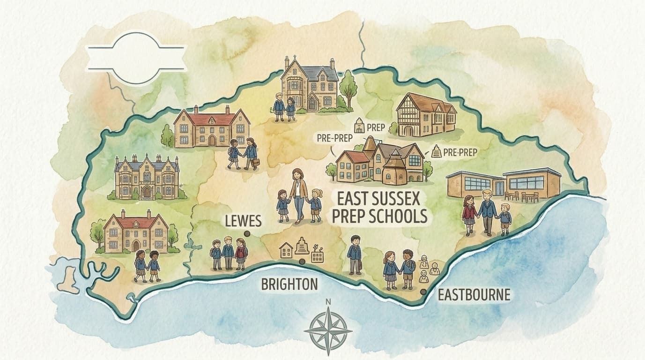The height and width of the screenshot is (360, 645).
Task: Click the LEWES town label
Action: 243,220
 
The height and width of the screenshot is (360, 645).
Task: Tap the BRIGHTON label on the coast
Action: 289,284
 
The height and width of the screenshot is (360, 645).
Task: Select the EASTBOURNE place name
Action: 474,295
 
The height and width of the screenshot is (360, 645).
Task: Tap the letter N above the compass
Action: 328,302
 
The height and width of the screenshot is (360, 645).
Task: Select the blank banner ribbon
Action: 136,58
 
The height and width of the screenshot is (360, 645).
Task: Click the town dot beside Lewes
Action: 246,233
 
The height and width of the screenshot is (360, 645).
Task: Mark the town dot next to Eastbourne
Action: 423,292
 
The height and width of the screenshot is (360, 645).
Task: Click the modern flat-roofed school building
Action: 504,183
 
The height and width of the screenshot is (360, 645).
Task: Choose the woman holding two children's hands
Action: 298,195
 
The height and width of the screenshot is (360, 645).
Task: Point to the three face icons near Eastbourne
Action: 429,269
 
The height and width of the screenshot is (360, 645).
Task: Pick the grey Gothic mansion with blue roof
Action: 147,177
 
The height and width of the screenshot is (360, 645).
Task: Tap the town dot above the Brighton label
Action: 302,262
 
